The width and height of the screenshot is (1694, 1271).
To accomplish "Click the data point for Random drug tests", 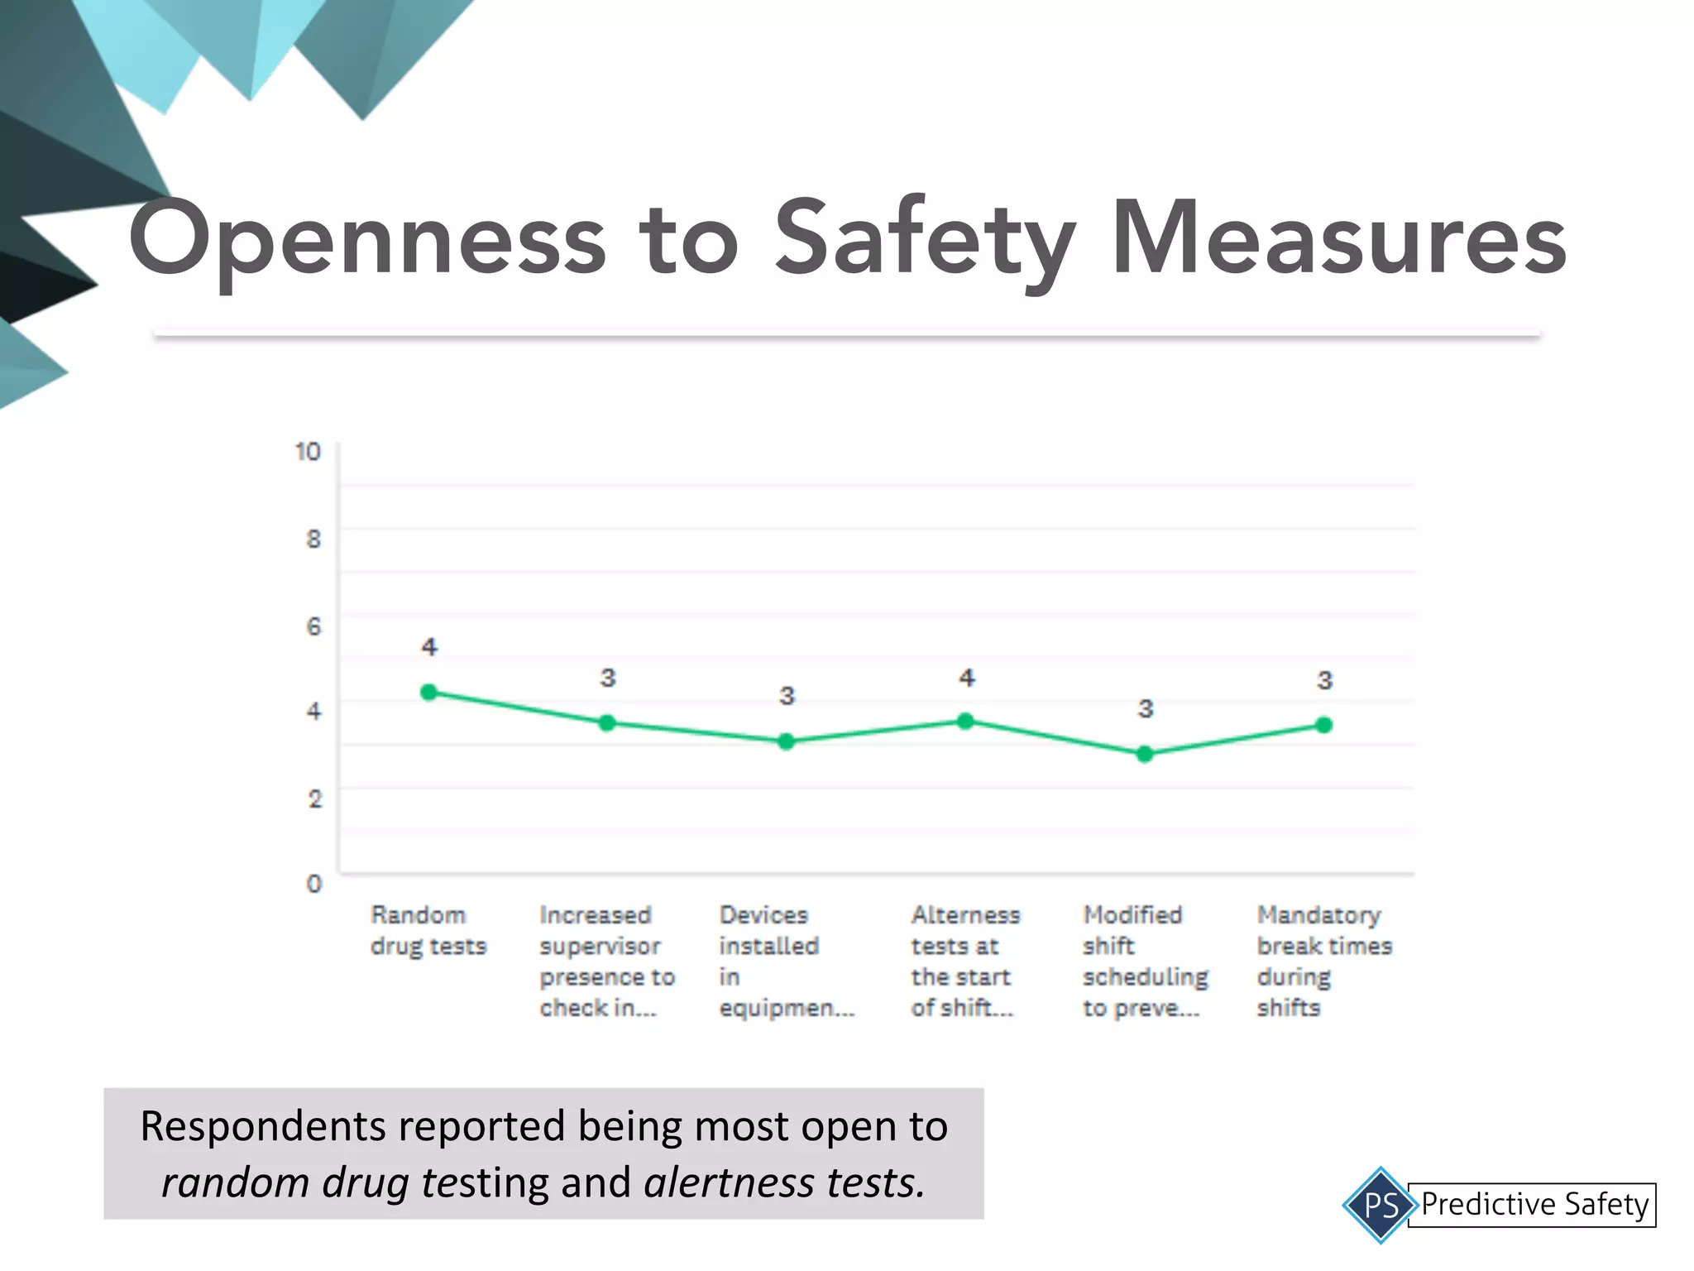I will (428, 692).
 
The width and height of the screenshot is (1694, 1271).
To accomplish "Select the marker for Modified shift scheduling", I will (1145, 754).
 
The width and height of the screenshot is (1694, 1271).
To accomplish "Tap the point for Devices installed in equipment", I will (787, 741).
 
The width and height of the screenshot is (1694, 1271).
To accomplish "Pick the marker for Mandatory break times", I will (1323, 725).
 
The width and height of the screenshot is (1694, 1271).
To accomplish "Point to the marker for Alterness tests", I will (965, 721).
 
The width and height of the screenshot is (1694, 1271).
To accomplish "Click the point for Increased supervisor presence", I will (607, 722).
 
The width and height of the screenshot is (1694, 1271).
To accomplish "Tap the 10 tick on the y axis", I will (308, 451).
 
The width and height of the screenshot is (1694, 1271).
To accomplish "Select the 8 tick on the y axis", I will (313, 539).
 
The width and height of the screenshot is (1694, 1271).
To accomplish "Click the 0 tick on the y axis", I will (314, 884).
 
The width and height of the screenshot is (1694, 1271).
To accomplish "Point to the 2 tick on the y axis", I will (314, 799).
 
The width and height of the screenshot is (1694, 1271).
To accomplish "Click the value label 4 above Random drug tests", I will (428, 646).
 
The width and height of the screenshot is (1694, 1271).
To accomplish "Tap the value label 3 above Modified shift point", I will (1145, 708).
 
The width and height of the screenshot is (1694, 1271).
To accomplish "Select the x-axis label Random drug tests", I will (428, 930).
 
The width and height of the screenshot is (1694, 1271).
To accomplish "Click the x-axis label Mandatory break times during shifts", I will (1323, 961).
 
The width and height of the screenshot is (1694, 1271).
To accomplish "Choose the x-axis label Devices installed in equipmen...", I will (785, 961).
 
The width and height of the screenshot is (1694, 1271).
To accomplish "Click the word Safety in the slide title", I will (925, 238).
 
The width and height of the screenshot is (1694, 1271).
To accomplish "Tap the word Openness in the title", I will (367, 238).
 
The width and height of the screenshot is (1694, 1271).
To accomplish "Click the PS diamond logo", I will (1381, 1204).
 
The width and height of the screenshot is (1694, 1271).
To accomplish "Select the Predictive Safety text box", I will (1534, 1204).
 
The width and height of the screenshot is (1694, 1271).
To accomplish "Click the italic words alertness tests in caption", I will (783, 1182).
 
